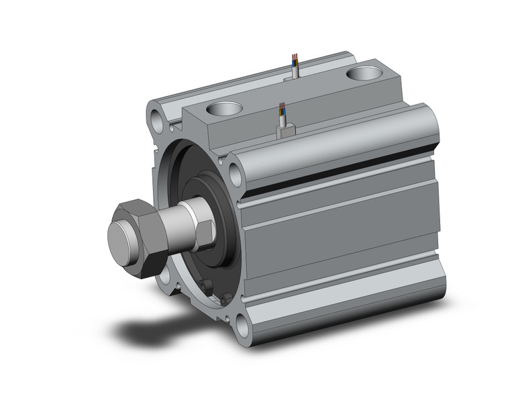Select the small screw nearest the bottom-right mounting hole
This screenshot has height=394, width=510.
coord(227,299)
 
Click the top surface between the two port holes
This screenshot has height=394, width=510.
coord(295,94)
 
